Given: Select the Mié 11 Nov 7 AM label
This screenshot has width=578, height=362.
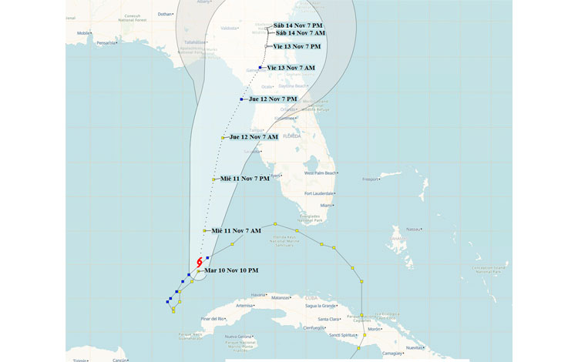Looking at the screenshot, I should pos(236,231).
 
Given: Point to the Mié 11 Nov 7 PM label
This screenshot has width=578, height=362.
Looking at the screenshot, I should pos(245,179).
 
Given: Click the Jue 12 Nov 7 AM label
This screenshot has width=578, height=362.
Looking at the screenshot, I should pos(254,137).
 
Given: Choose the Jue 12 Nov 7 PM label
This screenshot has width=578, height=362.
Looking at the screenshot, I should pos(274,99).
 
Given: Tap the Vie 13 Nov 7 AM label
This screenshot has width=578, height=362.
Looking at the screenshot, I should pos(291,68).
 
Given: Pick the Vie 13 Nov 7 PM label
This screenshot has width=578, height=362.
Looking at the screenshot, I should pos(297,47).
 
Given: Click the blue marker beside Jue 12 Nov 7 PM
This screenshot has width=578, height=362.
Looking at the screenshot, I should pos(242,99).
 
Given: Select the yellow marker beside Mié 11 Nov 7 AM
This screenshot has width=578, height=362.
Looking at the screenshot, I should pos(204,231).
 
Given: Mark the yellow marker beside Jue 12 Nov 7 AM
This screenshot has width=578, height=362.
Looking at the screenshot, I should pos(223,137).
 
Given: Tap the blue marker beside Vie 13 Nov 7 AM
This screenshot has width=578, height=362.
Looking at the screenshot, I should pos(261,68).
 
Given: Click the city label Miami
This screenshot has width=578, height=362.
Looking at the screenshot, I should pos(327,206).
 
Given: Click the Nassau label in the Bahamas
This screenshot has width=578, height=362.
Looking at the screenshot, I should pos(414,229).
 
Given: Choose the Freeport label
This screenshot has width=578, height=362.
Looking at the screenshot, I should pos(371,179).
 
